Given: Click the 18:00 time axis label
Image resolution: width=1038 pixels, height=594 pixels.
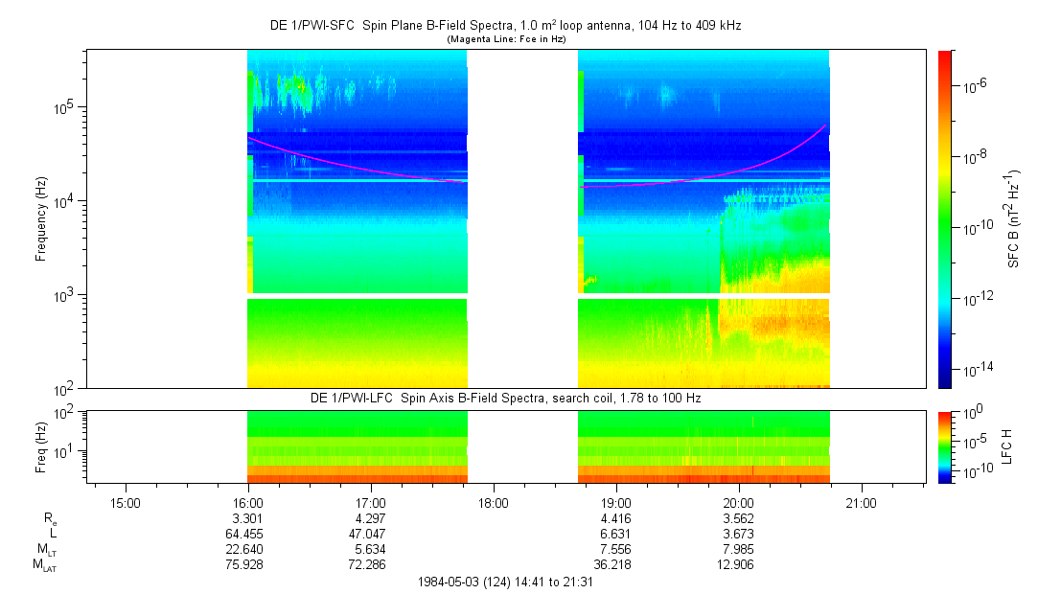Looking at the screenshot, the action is point(494,503).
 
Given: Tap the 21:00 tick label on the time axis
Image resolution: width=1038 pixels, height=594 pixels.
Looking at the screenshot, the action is point(861,503).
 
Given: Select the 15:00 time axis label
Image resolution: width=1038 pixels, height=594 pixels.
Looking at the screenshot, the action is point(126,503).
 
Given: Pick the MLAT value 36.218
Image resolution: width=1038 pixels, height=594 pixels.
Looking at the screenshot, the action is point(612,565).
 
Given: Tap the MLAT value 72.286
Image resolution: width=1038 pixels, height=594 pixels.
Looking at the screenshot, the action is point(367,565).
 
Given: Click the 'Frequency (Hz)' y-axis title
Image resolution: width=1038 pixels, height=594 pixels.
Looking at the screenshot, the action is point(41,219).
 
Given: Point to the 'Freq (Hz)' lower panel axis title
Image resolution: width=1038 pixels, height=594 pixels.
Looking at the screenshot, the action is point(41,447).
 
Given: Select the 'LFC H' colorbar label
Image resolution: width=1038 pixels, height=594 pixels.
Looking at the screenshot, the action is point(1007,446).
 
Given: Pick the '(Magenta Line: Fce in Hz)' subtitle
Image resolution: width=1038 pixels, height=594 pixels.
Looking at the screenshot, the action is point(506,39).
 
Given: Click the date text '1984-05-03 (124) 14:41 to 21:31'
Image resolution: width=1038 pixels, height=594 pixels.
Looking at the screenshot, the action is point(506,583).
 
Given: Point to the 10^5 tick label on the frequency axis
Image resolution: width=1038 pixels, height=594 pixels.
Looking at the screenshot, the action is point(67,107).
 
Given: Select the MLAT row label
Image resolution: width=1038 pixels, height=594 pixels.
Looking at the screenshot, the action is point(45,565).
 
